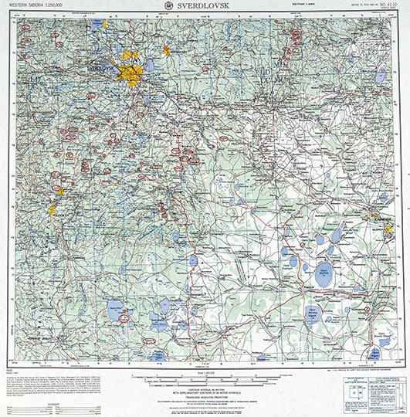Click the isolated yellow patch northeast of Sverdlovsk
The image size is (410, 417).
(165, 50)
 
